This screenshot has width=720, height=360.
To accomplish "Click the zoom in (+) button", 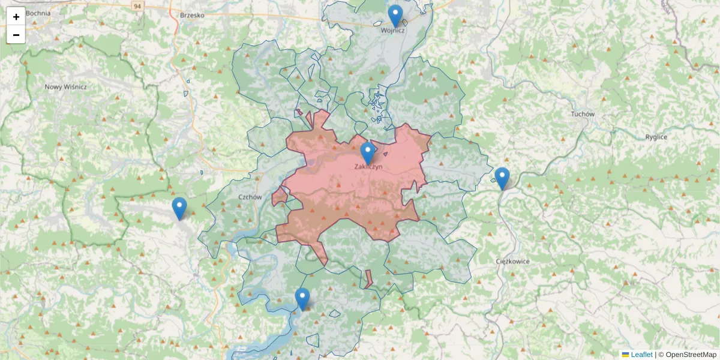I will [16, 17].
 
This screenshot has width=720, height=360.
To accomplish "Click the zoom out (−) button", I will [16, 35].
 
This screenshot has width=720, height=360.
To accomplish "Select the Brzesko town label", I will [192, 16].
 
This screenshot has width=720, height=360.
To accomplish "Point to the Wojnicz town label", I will [394, 30].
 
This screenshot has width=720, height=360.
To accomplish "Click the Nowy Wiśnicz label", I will [65, 87].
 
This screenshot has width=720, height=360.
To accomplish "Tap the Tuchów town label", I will [582, 114].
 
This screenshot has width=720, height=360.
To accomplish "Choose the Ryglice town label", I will [656, 137].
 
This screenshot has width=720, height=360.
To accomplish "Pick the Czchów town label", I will [250, 197].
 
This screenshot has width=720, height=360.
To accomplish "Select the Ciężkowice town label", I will [512, 262].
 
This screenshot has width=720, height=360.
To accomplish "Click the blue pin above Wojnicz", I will [395, 15].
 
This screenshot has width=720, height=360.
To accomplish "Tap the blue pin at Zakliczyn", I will [368, 152].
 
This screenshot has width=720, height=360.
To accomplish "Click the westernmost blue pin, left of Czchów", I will [179, 208].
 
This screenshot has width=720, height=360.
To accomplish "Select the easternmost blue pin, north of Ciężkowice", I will [502, 178].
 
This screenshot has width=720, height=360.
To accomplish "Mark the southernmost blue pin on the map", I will [302, 298].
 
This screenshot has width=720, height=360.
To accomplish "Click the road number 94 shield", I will [138, 6].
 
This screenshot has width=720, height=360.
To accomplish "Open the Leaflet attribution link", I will [641, 355].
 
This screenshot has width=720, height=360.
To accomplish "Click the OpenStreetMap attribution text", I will [691, 355].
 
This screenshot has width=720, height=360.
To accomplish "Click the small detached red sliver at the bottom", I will [368, 278].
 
